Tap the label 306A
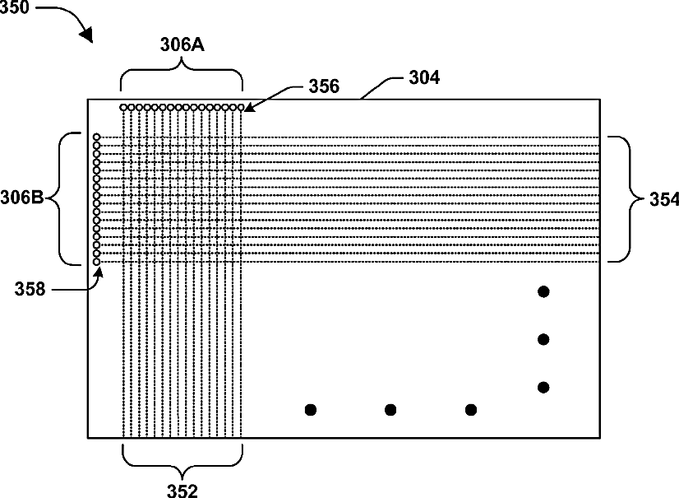pyautogui.click(x=181, y=47)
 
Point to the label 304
pyautogui.click(x=424, y=78)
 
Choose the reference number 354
pyautogui.click(x=658, y=199)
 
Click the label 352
pyautogui.click(x=182, y=491)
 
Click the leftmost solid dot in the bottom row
pyautogui.click(x=311, y=409)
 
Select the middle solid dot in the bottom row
pyautogui.click(x=390, y=409)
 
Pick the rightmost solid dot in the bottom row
pyautogui.click(x=470, y=409)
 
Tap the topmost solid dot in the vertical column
pyautogui.click(x=543, y=291)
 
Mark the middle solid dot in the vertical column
pyautogui.click(x=543, y=339)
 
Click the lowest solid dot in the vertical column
pyautogui.click(x=543, y=387)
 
